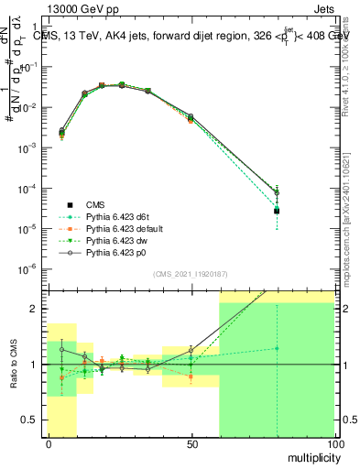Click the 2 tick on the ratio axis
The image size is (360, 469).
point(36,309)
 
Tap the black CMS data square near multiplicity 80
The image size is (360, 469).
point(277,211)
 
